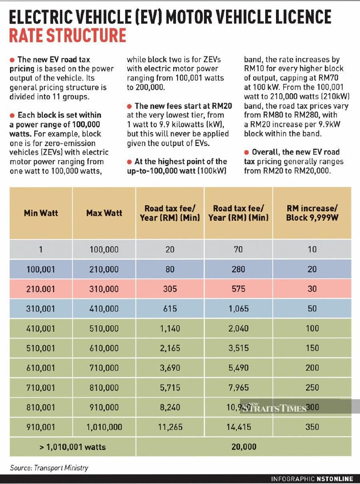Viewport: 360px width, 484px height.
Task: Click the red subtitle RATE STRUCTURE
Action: pyautogui.click(x=67, y=35)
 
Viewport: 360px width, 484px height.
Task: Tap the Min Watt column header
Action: pyautogui.click(x=41, y=213)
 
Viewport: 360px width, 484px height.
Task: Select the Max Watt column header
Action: pyautogui.click(x=104, y=213)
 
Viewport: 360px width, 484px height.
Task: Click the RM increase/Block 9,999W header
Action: pyautogui.click(x=312, y=213)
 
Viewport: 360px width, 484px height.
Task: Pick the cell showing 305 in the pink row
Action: pyautogui.click(x=170, y=289)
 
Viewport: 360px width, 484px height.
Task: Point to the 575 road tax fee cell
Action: pyautogui.click(x=238, y=289)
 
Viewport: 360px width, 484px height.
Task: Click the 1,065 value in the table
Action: pyautogui.click(x=238, y=308)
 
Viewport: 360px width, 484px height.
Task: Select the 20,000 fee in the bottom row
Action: pyautogui.click(x=244, y=446)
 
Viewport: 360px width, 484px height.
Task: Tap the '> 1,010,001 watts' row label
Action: pyautogui.click(x=72, y=446)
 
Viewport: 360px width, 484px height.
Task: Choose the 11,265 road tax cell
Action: pyautogui.click(x=170, y=427)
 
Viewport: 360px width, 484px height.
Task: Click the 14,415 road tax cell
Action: pyautogui.click(x=238, y=427)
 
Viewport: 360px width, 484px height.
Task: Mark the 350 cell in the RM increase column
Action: pyautogui.click(x=312, y=427)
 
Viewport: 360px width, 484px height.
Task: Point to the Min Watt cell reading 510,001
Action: pyautogui.click(x=41, y=348)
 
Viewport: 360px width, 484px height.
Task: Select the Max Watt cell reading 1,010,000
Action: pyautogui.click(x=104, y=427)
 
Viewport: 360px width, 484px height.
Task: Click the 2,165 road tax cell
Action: pyautogui.click(x=170, y=348)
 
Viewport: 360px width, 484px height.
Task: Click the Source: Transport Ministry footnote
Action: pyautogui.click(x=49, y=468)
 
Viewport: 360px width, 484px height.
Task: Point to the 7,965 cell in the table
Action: pyautogui.click(x=238, y=387)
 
